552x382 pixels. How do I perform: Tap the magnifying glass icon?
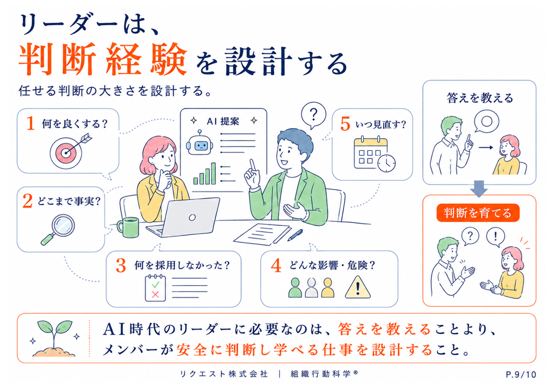point(58,229)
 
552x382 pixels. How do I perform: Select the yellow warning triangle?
point(358,287)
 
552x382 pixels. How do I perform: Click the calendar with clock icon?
point(374,154)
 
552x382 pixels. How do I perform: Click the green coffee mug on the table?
point(128,227)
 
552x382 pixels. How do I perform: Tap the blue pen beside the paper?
point(295,235)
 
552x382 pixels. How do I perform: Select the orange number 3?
point(121,266)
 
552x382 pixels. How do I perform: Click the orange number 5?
point(345,124)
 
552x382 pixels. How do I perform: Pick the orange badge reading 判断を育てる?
point(478,213)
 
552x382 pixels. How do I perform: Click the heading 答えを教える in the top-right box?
point(479,98)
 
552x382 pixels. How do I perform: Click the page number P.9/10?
point(521,375)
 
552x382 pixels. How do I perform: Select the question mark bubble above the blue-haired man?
point(313,115)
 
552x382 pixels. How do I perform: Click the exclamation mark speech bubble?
point(496,237)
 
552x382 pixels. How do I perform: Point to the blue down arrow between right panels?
point(479,188)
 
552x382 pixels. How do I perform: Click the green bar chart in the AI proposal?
point(204,174)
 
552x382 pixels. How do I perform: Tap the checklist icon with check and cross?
point(155,288)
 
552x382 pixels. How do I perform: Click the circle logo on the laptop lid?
point(192,217)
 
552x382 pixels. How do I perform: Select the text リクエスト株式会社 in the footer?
point(223,374)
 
